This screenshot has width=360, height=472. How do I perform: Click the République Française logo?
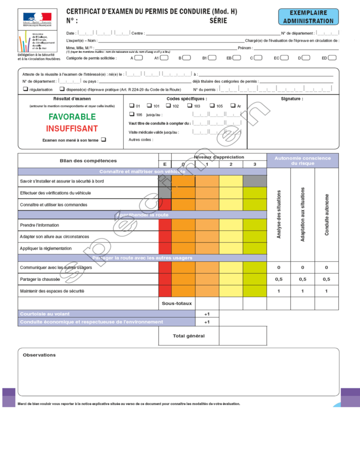tap(37, 18)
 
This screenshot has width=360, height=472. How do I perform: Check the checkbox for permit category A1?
tap(164, 58)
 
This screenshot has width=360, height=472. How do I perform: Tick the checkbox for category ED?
tap(332, 58)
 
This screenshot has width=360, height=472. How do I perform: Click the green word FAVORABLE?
tap(72, 117)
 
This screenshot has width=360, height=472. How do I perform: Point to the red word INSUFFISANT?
tap(72, 128)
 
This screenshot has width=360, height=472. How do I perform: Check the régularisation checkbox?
tap(25, 89)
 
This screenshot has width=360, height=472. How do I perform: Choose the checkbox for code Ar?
tap(233, 106)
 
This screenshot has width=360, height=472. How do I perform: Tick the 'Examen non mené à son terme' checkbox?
tap(103, 139)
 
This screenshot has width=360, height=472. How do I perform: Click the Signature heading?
tap(292, 99)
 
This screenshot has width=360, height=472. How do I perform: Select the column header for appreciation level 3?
tap(255, 164)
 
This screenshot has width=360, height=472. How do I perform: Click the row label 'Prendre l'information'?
tap(40, 225)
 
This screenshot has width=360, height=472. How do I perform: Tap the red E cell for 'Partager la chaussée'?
tap(165, 279)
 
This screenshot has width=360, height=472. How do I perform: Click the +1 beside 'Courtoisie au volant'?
tap(207, 314)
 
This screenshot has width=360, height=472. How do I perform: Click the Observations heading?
tap(39, 355)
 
